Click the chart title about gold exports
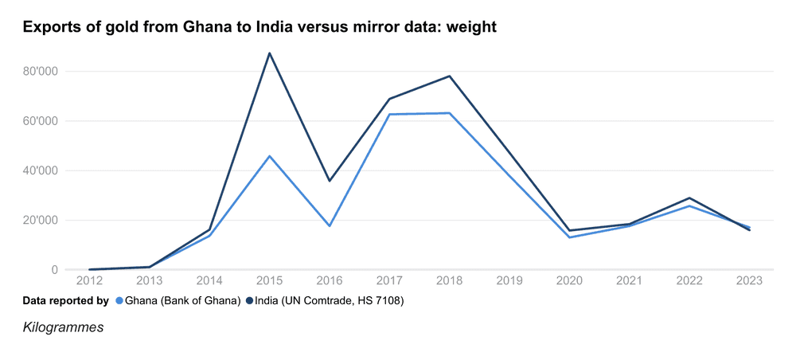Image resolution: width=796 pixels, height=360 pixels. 259,28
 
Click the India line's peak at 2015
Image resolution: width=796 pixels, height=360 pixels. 270,53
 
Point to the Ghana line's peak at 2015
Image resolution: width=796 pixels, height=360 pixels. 270,156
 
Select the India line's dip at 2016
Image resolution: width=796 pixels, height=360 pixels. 330,181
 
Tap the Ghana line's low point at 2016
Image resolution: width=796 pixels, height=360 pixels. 330,225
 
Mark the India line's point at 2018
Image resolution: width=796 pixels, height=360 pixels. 450,76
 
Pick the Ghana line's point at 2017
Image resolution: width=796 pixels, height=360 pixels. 390,115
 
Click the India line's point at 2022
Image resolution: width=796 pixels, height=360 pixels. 689,198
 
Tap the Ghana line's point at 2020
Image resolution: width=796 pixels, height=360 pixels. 570,237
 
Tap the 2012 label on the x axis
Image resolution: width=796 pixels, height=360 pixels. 89,281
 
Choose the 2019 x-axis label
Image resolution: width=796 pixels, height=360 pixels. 509,281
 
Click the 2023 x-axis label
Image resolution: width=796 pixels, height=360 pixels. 749,281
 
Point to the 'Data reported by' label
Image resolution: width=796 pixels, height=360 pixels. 65,300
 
